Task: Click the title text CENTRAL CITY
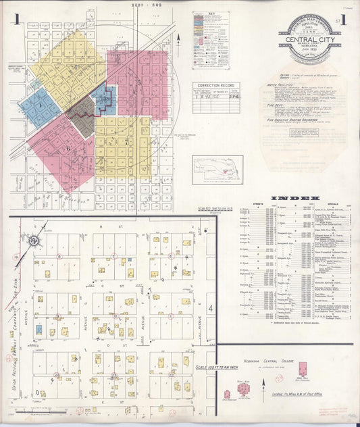coord(309,40)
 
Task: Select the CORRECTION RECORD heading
coord(215,86)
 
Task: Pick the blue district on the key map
coord(40,107)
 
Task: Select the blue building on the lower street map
coord(39,330)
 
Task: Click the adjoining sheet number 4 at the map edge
coord(211,309)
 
